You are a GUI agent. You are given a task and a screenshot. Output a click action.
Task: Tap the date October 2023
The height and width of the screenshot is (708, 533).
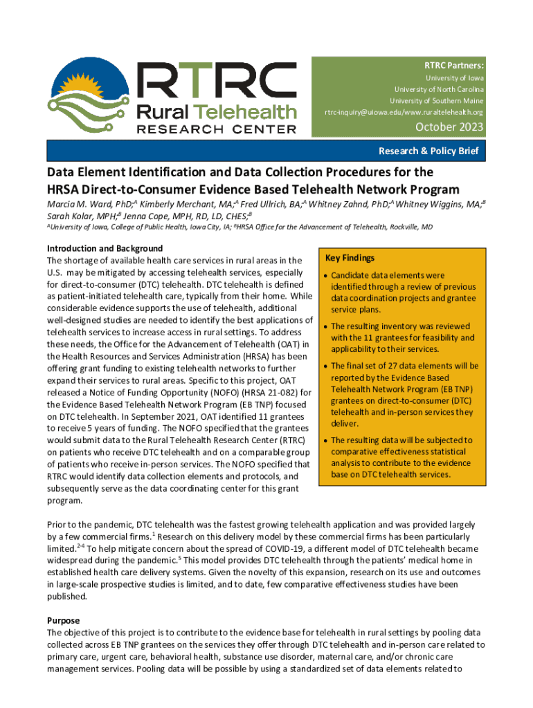449,127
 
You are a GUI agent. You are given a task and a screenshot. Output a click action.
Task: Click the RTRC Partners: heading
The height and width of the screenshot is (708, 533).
454,65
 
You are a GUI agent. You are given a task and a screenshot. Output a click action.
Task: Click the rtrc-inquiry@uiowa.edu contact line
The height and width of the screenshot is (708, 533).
404,112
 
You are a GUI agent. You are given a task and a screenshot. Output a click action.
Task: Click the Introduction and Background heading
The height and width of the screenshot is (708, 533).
105,248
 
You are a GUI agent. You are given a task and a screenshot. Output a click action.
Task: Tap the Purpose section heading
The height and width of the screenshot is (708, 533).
63,620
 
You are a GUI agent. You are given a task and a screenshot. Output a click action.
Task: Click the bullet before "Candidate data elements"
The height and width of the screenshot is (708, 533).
325,276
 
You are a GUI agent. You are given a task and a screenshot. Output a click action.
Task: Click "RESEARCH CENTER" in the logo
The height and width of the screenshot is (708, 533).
217,129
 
